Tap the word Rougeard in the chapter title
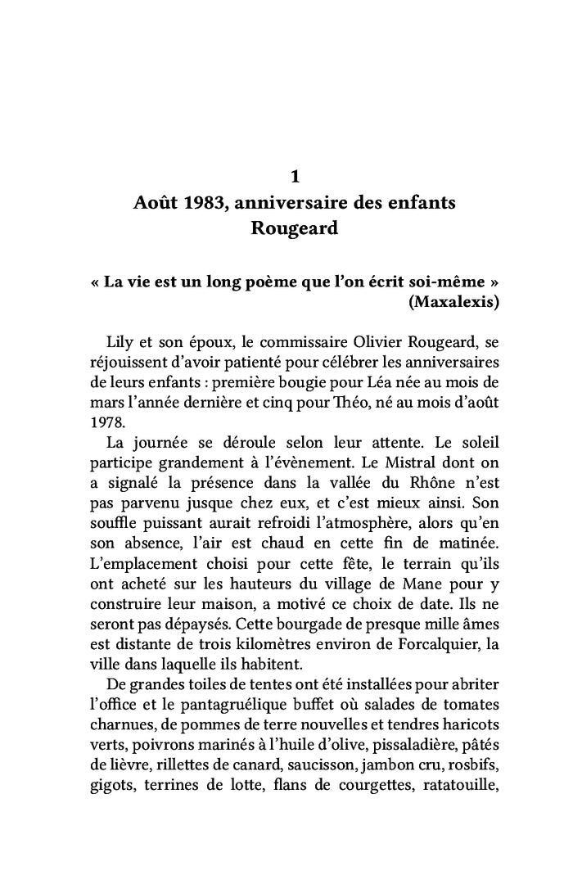click(x=295, y=228)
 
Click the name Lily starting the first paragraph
click(x=120, y=341)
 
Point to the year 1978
click(x=105, y=423)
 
